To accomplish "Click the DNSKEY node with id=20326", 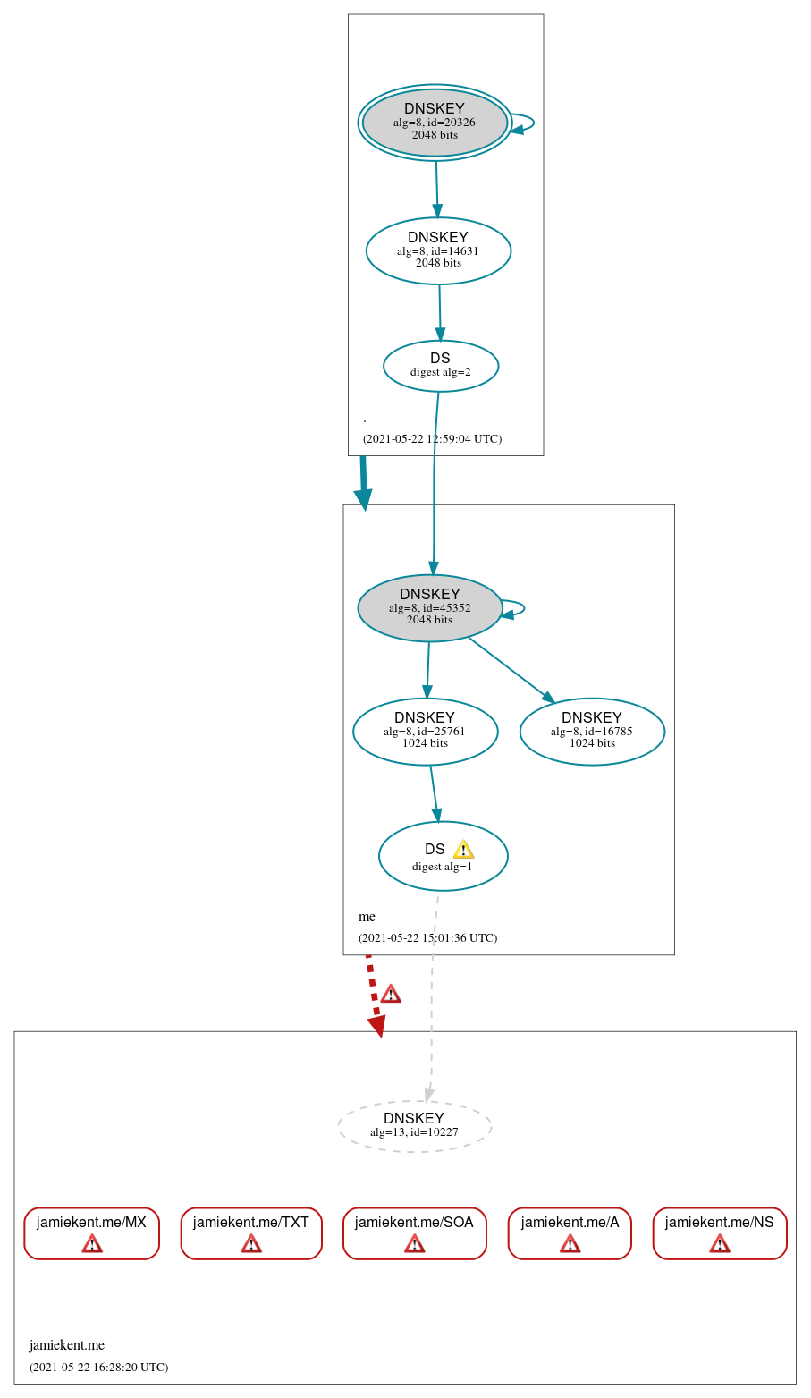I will tap(435, 123).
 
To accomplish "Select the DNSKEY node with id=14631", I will tap(438, 250).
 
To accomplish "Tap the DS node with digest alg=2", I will tap(440, 365).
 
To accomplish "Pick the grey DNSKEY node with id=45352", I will tap(429, 607).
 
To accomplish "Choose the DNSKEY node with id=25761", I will tap(425, 731).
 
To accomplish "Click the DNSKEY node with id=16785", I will tap(592, 731).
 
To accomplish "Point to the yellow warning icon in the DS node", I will tap(463, 850).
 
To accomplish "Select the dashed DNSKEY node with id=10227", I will tap(414, 1124).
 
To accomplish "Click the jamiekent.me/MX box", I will tap(91, 1233).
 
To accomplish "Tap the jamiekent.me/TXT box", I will tap(251, 1233).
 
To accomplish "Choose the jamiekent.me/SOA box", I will tap(414, 1233).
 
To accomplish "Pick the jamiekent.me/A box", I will tap(570, 1233).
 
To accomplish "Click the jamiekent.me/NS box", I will tap(720, 1233).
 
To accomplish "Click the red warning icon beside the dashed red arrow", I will tap(391, 994).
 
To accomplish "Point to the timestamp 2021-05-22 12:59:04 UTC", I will tap(432, 439).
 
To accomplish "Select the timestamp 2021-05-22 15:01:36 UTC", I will tap(427, 938).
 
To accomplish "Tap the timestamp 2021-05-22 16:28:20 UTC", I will tap(98, 1367).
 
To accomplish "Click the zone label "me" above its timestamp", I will tap(367, 917).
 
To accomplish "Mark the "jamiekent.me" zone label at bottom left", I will tap(67, 1344).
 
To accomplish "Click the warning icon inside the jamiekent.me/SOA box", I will tap(414, 1243).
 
